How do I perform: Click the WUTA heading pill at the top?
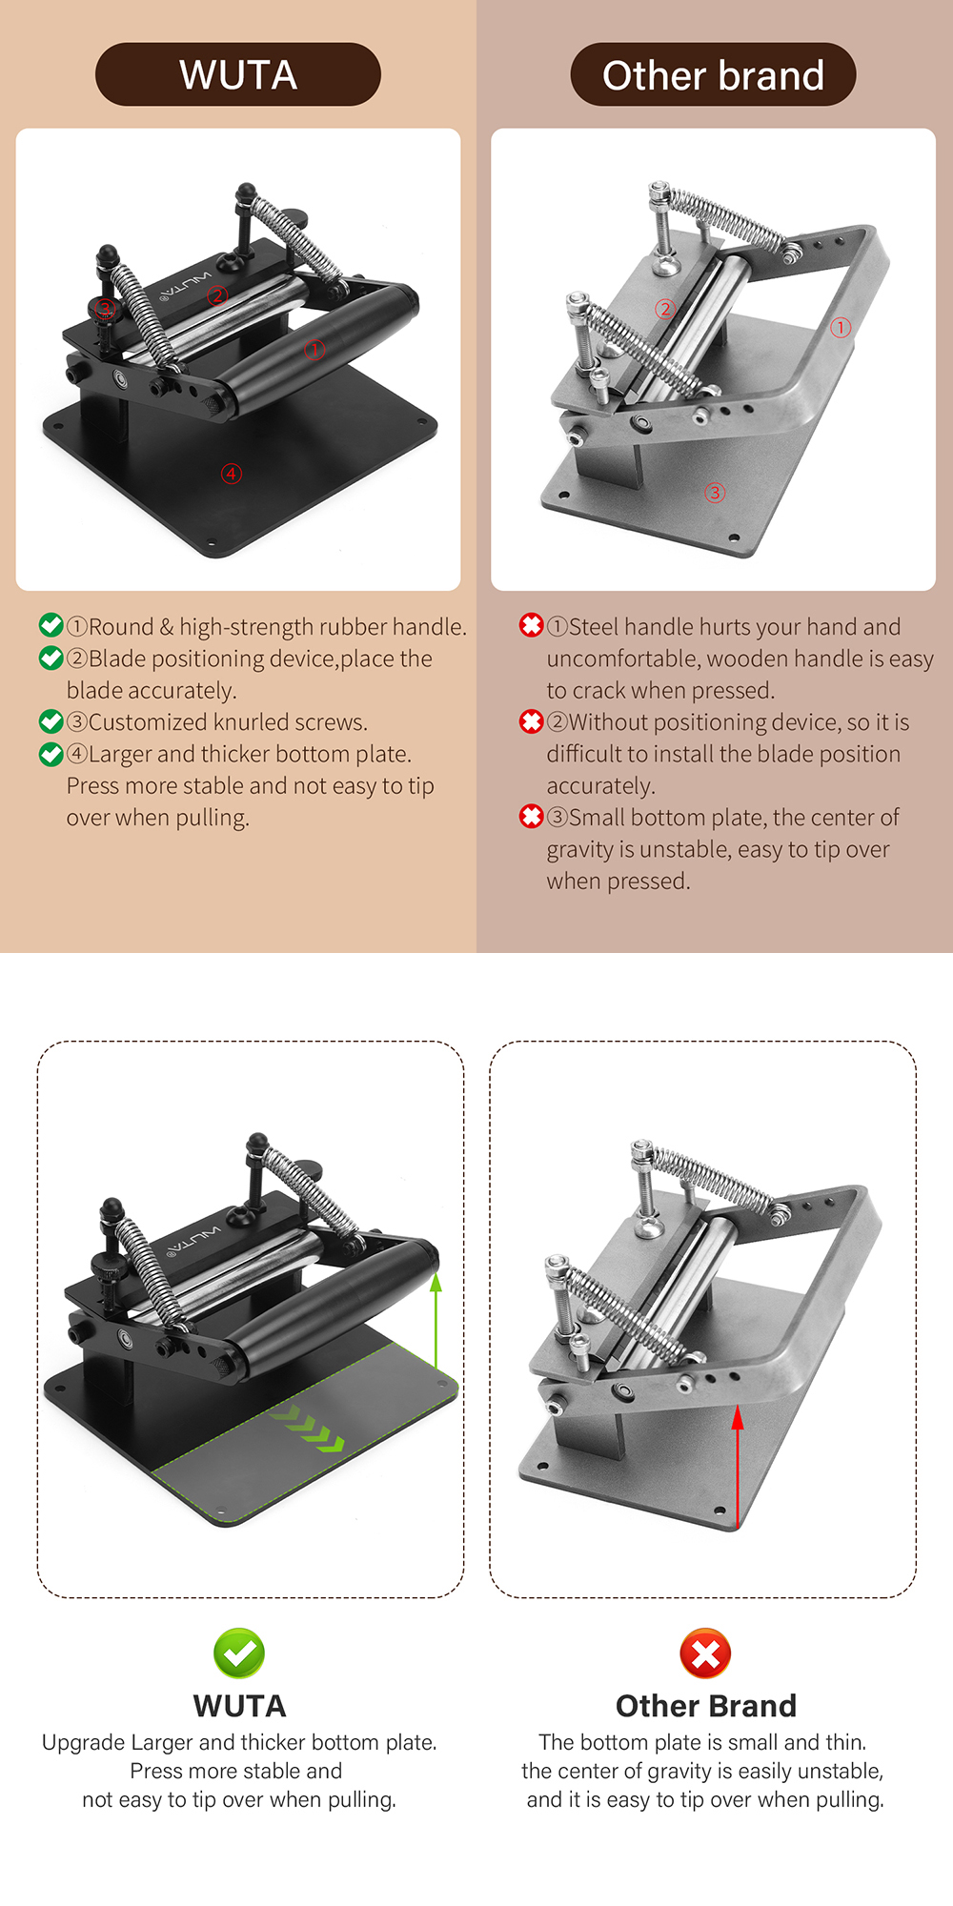(x=238, y=74)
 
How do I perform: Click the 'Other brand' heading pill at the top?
(x=713, y=74)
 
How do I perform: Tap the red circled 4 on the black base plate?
(x=232, y=474)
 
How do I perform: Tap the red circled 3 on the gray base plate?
(x=715, y=493)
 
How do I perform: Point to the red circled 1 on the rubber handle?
(x=314, y=350)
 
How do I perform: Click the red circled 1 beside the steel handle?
(x=841, y=328)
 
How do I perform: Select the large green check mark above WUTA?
(x=239, y=1653)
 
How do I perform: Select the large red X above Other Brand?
(x=705, y=1653)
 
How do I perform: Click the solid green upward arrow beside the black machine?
(x=436, y=1325)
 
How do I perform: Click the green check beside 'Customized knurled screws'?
(x=51, y=721)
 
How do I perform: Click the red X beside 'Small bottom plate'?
(x=531, y=817)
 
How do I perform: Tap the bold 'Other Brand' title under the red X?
(x=705, y=1706)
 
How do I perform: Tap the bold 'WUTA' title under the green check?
(x=239, y=1706)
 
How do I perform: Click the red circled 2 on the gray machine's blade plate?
(x=665, y=309)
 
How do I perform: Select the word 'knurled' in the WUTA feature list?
(x=252, y=722)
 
